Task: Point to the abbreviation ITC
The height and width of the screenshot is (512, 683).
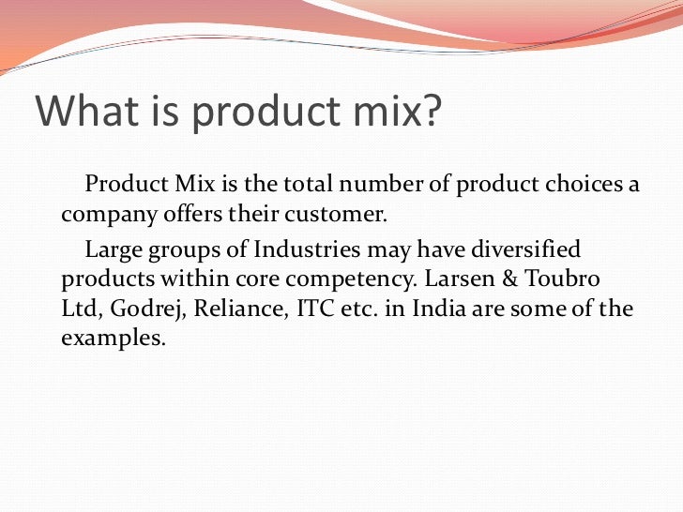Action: (317, 309)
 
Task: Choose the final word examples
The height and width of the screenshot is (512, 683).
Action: (113, 339)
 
